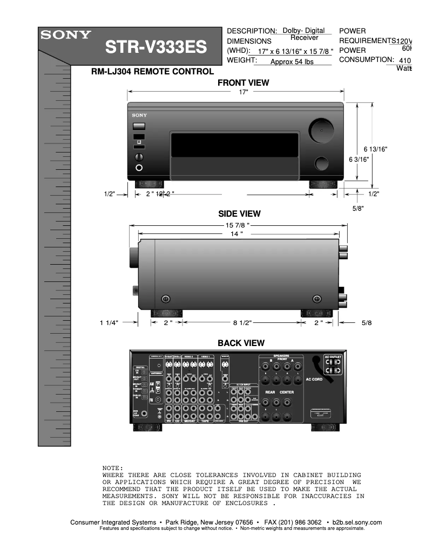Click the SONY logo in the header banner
(x=64, y=35)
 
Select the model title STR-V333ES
(x=155, y=48)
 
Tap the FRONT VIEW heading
(x=243, y=83)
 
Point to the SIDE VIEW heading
(x=239, y=214)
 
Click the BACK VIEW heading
(x=241, y=343)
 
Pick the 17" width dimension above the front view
(x=243, y=93)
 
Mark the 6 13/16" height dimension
(x=376, y=149)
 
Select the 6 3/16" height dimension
(x=359, y=159)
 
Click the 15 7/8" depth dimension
(x=238, y=225)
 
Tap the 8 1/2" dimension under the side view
(x=243, y=323)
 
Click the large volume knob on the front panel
(x=321, y=130)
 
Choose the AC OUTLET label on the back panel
(x=333, y=357)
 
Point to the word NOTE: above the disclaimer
(x=113, y=467)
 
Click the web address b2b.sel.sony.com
(x=357, y=522)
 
